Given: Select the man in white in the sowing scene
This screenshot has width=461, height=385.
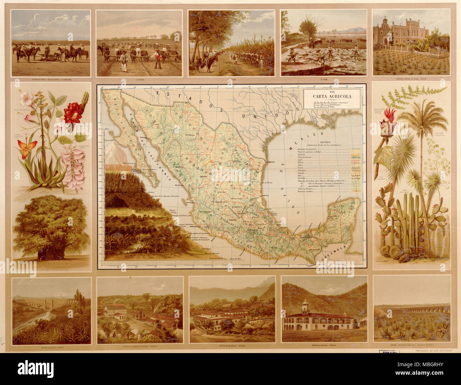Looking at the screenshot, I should coord(123,60).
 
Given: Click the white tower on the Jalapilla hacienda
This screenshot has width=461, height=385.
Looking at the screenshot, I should coord(305,306).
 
